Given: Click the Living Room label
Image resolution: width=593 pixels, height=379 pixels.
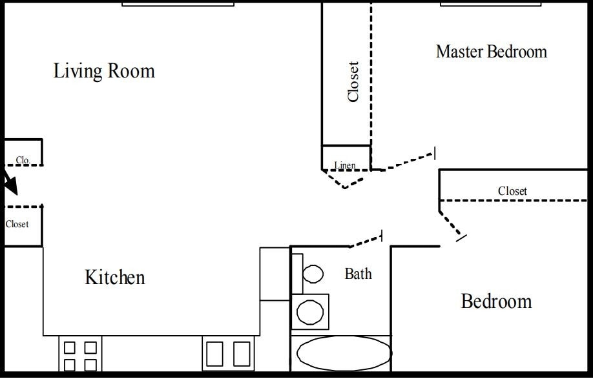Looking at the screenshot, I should (104, 70).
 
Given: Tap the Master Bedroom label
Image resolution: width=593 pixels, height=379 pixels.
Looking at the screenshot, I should (491, 52).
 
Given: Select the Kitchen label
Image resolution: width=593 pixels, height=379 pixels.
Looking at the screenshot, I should (115, 278).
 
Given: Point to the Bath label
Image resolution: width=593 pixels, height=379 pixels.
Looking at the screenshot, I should (358, 274).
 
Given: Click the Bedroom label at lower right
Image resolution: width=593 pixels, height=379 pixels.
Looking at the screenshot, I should (496, 302).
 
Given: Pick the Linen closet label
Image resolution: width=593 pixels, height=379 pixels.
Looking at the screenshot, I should (345, 165).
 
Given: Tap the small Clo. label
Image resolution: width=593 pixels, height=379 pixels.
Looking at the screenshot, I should (23, 159).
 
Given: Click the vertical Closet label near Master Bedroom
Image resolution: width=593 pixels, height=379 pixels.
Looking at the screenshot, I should (353, 81).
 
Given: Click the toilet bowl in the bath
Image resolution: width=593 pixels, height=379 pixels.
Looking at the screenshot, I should (313, 274).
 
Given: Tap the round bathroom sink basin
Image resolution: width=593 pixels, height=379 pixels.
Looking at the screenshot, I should (310, 312).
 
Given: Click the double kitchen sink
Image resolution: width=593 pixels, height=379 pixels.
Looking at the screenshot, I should (227, 354).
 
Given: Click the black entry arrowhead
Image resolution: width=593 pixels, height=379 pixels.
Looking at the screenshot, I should (11, 185).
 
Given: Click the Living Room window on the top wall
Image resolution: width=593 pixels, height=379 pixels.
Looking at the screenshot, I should (178, 3).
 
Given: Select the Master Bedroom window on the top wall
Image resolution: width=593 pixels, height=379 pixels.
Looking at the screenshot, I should (490, 3).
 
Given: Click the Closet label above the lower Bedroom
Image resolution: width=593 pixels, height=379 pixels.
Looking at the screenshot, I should (512, 191).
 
